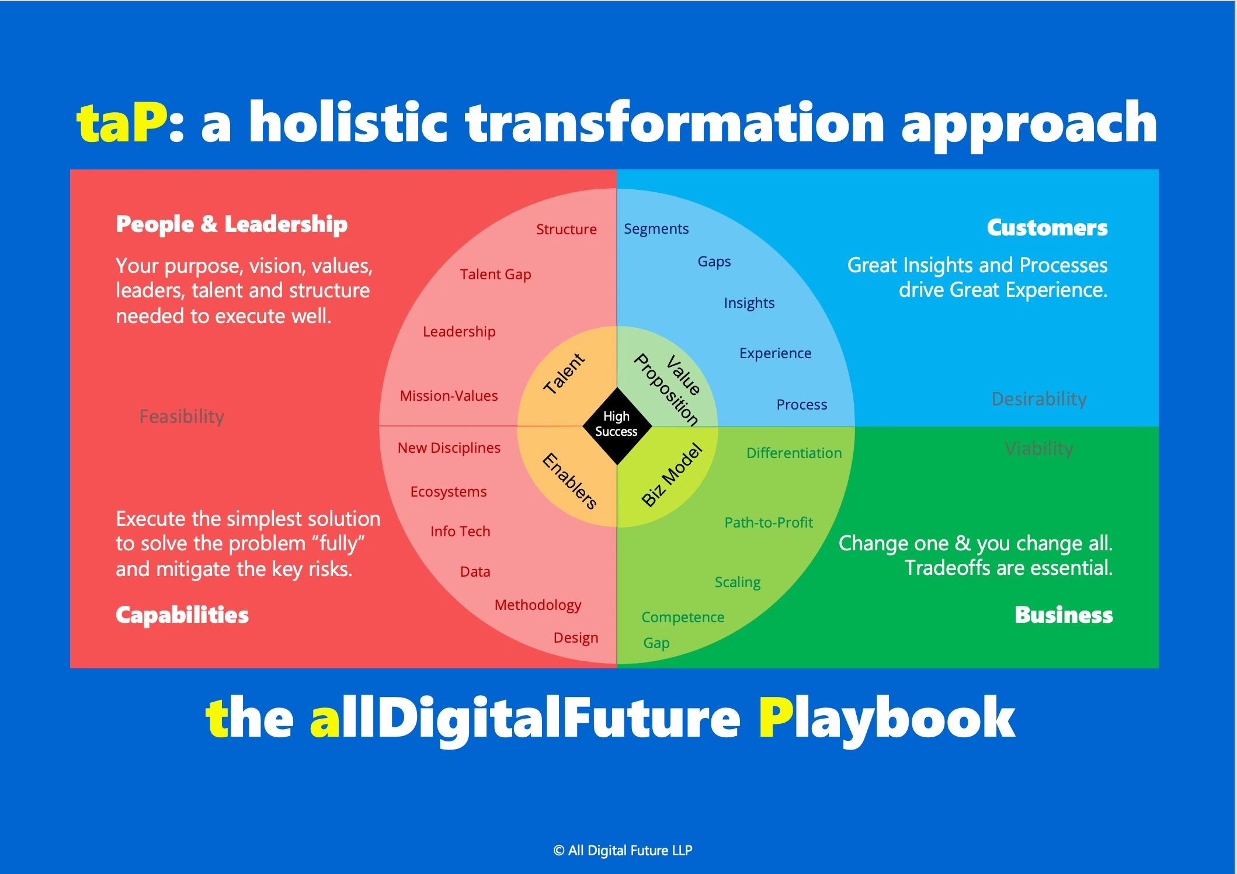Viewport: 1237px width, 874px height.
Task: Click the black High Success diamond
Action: (617, 426)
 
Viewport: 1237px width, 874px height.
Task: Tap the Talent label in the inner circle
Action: (564, 373)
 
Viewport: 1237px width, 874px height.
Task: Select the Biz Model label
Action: (672, 474)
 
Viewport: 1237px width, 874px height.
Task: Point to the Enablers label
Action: (569, 481)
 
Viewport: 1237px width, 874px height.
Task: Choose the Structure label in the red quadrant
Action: (567, 229)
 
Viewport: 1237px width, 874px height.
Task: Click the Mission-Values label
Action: (449, 396)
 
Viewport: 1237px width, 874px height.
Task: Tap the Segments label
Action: (656, 229)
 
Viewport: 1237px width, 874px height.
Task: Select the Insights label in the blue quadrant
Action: (749, 303)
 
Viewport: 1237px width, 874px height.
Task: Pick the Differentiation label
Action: (794, 453)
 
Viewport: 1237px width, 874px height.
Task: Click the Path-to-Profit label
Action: (769, 522)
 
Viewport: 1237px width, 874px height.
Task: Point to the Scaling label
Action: (738, 582)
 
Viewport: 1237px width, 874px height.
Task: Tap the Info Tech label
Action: (460, 531)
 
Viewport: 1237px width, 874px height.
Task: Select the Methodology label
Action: (538, 605)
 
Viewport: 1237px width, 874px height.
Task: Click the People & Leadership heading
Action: (232, 224)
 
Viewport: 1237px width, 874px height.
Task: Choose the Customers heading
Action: (1047, 228)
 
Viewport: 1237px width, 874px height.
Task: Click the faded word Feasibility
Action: (182, 417)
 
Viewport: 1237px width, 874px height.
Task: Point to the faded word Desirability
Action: (1039, 399)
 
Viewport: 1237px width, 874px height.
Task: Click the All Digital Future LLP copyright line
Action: (623, 851)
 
